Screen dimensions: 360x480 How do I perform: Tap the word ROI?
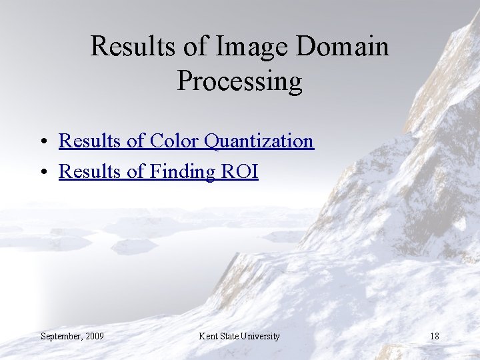click(239, 171)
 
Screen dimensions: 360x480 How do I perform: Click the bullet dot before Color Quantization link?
click(42, 142)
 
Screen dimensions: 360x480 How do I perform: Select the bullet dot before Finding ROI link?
click(42, 173)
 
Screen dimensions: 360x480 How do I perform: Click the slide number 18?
click(434, 336)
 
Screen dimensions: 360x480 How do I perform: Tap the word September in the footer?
click(61, 336)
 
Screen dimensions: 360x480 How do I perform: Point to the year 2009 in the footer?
click(95, 336)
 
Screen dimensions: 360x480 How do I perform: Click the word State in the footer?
click(231, 336)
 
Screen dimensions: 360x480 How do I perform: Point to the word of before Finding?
click(135, 171)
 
